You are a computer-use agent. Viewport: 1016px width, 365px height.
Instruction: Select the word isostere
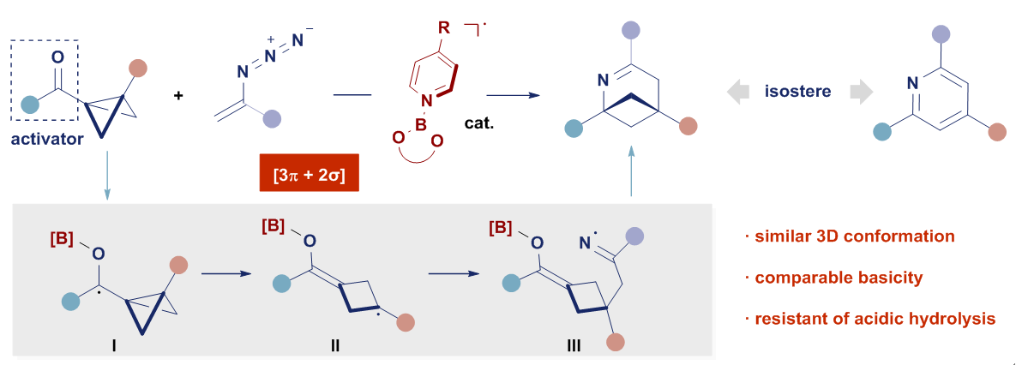tap(797, 90)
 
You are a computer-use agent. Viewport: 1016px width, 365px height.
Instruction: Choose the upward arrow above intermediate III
tap(631, 170)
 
